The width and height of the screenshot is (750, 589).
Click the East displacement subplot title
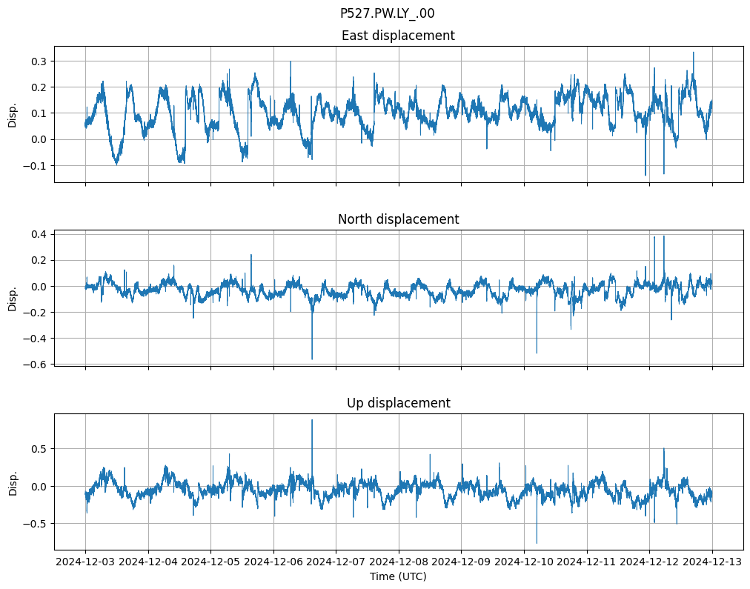click(398, 36)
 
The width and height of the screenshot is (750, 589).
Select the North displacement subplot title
click(398, 219)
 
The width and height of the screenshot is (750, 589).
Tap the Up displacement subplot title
click(398, 403)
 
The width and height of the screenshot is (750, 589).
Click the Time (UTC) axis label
click(398, 576)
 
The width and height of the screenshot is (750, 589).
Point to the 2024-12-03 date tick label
click(85, 562)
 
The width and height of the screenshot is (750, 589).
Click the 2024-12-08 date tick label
click(399, 562)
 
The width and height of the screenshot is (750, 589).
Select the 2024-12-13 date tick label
click(712, 562)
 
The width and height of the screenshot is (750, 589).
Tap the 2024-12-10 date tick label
click(524, 562)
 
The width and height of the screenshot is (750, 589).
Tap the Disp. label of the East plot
click(13, 114)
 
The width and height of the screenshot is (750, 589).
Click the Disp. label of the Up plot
click(13, 482)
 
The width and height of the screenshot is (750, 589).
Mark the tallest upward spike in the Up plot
click(312, 421)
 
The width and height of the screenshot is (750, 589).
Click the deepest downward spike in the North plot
click(312, 359)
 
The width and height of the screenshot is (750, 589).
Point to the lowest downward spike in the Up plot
click(537, 542)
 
